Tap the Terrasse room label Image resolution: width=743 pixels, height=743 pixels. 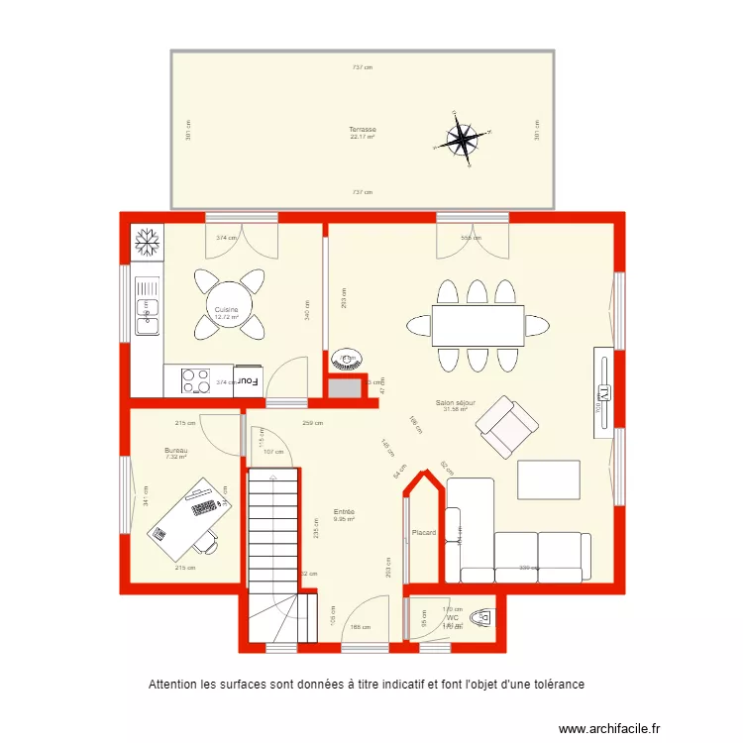coord(362,130)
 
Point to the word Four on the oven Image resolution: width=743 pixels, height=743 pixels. coord(248,380)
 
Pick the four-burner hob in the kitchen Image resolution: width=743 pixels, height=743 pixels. coord(195,380)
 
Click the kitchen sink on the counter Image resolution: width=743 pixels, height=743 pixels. coord(147,318)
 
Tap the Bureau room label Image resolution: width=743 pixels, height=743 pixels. coord(175,451)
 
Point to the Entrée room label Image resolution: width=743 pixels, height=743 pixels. coord(344,512)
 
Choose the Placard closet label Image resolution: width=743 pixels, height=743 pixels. coord(424,533)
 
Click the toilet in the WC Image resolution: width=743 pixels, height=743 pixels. coord(478,617)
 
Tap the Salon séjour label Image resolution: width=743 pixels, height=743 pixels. coord(456,403)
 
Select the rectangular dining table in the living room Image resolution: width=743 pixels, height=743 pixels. coord(478,324)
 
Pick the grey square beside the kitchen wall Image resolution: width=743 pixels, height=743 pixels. coord(345,387)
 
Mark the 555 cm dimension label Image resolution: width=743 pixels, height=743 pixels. coord(471,238)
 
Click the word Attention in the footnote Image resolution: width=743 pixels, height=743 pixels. coord(173,685)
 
